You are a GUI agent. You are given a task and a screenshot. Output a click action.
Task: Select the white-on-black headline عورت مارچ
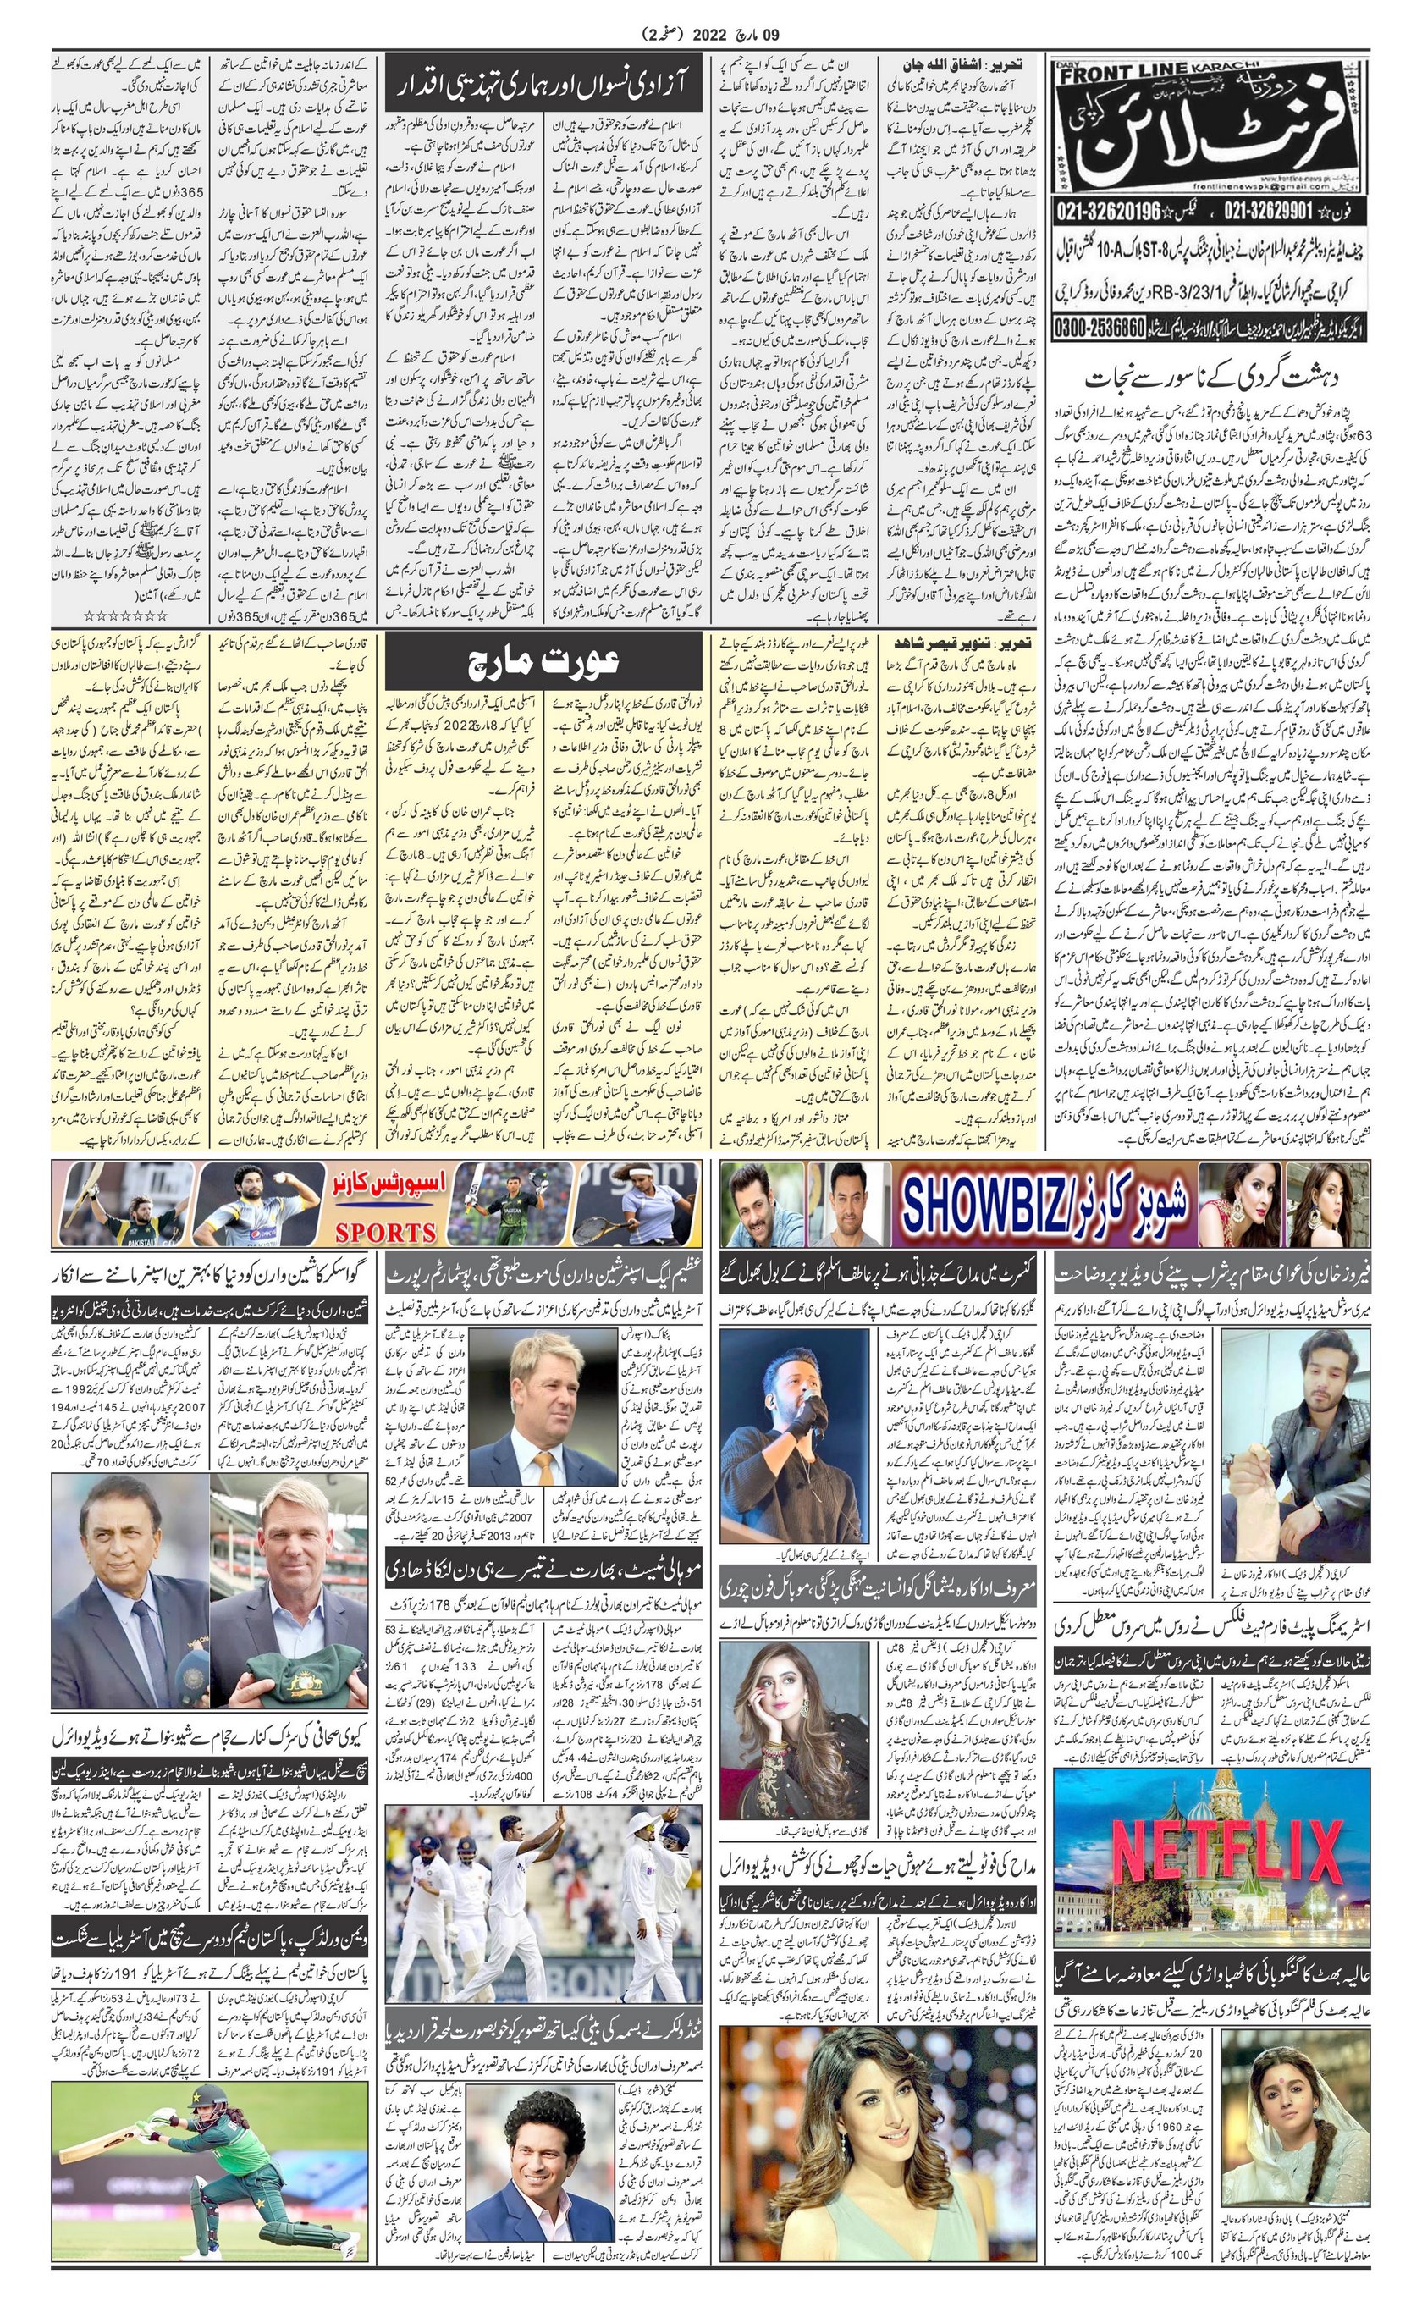tap(543, 662)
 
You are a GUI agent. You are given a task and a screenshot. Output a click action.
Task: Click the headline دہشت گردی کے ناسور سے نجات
tap(1213, 380)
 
